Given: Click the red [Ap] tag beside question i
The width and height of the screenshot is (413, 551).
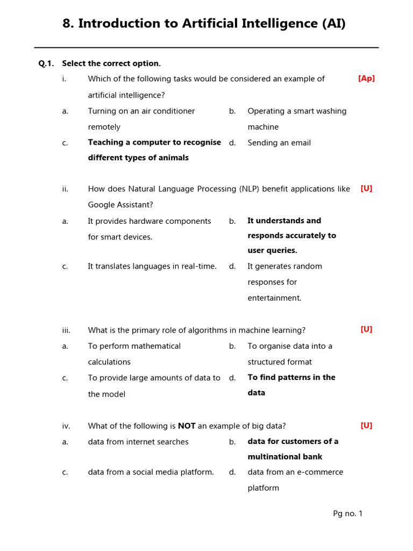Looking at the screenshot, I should click(366, 79).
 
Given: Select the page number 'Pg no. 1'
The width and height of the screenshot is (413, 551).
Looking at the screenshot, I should click(347, 514).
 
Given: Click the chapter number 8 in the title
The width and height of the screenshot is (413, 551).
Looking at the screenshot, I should click(67, 24).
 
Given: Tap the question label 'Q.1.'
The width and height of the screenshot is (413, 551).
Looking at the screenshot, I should click(46, 63).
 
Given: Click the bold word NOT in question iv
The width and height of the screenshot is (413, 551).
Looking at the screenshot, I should click(187, 426).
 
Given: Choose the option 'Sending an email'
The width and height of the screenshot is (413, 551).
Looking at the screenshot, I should click(279, 143).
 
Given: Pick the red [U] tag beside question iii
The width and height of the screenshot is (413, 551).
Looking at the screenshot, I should click(366, 329).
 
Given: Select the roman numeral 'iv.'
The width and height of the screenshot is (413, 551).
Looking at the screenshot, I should click(66, 426).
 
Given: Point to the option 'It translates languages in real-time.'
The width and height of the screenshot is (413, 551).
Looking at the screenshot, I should click(152, 266).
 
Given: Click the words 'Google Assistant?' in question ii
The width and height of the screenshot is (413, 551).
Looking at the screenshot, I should click(120, 205).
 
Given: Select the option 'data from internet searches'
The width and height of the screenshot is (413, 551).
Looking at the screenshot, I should click(138, 442).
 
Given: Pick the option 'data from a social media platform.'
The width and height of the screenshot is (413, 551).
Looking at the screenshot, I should click(151, 472).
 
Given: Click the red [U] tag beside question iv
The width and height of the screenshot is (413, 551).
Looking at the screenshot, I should click(366, 426).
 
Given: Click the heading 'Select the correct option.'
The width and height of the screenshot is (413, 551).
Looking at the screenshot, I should click(111, 63).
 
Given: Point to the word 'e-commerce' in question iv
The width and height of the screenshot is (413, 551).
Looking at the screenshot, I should click(320, 472).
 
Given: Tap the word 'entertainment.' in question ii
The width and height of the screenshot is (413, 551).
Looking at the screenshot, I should click(274, 298).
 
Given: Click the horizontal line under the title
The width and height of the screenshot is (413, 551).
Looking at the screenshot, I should click(206, 47).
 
